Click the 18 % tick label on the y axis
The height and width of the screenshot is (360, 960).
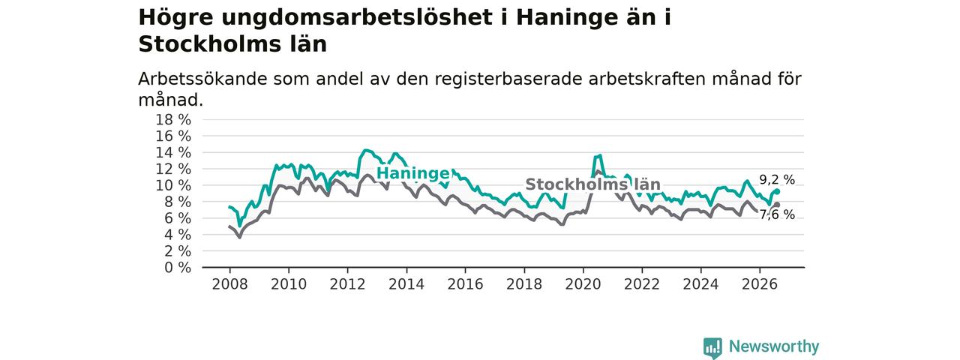pos(173,119)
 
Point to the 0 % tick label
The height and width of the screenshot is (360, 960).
pos(178,268)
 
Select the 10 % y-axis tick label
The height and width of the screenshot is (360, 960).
pos(173,185)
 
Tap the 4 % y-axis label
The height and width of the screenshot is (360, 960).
pos(178,235)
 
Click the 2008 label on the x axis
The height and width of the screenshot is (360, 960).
pos(229,284)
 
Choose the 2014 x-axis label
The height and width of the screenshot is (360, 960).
pos(406,284)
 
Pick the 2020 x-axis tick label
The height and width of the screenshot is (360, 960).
pos(583,284)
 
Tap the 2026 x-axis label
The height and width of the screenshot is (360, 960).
pos(760,284)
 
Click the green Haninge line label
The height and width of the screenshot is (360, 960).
pos(412,173)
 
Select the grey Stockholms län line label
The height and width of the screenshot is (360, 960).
pos(592,184)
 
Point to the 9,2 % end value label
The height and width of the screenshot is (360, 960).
pos(777,180)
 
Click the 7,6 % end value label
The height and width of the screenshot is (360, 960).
pos(777,214)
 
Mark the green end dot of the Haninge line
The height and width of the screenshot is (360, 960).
pos(777,191)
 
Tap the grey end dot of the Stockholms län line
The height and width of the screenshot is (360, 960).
pos(777,205)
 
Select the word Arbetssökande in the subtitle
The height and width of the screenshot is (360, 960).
pos(202,79)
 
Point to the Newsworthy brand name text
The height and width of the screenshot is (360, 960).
pos(774,346)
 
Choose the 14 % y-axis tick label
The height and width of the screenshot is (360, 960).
pos(173,152)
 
